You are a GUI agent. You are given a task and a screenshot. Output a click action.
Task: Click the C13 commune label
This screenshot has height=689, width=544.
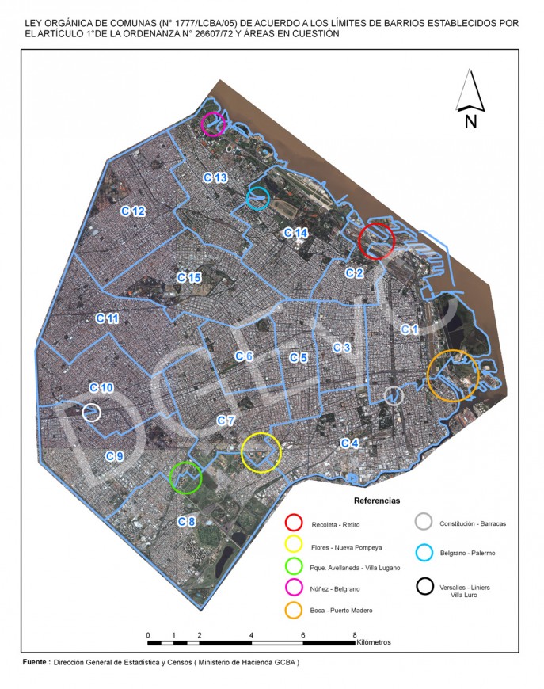point(215,178)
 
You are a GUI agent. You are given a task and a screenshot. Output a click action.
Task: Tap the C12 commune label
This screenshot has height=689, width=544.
point(132,211)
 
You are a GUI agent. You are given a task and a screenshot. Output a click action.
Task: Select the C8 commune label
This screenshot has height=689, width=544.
point(186,521)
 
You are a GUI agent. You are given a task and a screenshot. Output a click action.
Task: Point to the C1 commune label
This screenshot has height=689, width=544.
point(409,329)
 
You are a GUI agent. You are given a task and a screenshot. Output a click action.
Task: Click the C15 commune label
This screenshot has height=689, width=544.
point(189,277)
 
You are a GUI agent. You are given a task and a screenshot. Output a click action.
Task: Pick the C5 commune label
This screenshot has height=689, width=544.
point(298,357)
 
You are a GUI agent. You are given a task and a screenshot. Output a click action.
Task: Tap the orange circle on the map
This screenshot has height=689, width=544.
point(453,375)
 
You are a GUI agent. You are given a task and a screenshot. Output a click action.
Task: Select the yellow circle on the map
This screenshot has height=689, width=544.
point(261,453)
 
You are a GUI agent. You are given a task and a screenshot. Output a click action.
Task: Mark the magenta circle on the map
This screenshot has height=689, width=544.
point(213,124)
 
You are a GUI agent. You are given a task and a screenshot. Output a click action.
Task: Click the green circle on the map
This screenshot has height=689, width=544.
point(186,478)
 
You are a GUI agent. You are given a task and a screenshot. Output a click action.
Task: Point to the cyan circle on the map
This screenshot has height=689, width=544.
point(258,198)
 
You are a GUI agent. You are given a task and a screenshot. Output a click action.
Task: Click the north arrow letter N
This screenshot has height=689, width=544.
point(470,121)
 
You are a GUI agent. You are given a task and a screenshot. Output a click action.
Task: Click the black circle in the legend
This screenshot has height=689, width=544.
point(425,587)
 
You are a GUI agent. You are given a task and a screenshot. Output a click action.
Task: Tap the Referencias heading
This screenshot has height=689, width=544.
point(377,501)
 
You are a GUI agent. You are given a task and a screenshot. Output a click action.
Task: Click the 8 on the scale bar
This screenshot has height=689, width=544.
point(355,635)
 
